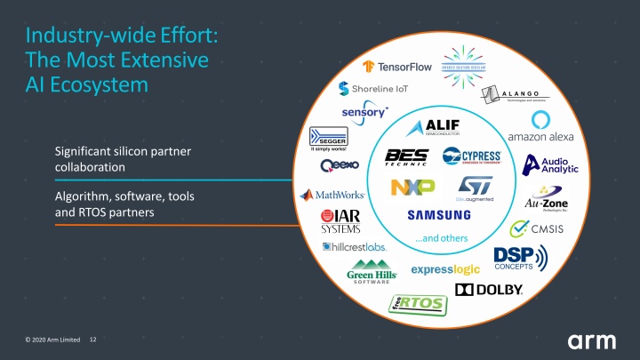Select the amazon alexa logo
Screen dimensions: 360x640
(540, 129)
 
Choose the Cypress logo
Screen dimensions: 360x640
(470, 157)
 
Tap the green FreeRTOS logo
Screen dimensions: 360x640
(417, 305)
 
